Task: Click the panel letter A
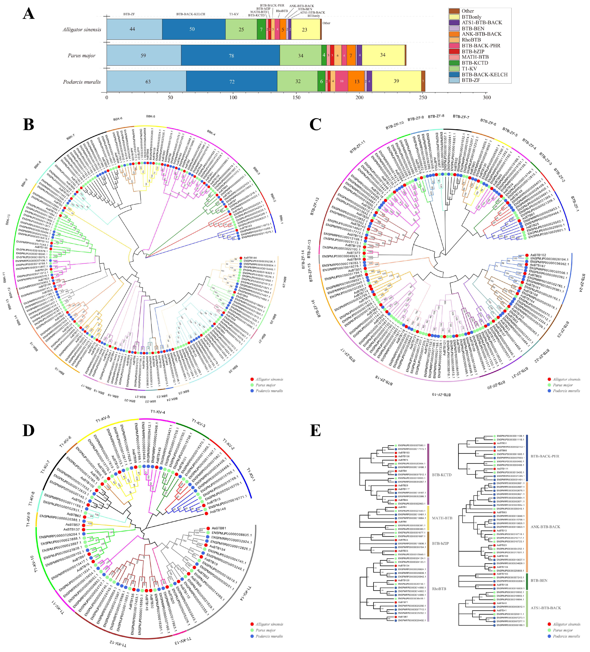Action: [29, 14]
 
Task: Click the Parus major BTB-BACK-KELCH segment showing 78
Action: [231, 56]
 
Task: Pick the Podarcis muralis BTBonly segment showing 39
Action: [396, 81]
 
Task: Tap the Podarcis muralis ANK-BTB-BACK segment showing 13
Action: [356, 81]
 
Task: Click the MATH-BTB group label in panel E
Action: [442, 518]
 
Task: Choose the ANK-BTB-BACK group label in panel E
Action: [545, 527]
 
